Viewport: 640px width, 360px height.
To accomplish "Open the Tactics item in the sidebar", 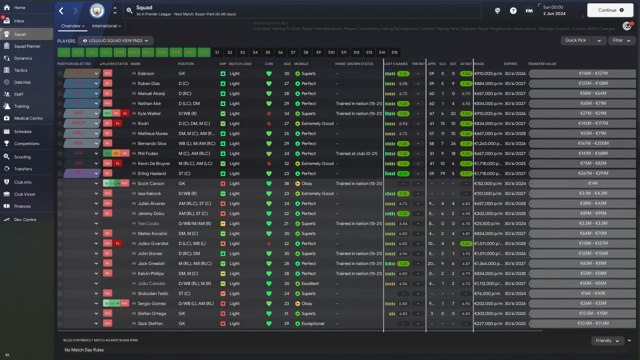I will pyautogui.click(x=20, y=70).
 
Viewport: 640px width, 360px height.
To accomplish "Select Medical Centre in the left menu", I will pyautogui.click(x=28, y=118).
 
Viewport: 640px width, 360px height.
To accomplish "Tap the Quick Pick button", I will pyautogui.click(x=575, y=40).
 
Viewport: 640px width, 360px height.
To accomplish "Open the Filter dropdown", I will pyautogui.click(x=621, y=40).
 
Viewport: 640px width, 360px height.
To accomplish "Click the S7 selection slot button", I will pyautogui.click(x=293, y=52).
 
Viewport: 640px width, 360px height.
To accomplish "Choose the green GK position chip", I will pyautogui.click(x=63, y=52).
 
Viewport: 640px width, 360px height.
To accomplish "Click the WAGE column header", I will pyautogui.click(x=479, y=64).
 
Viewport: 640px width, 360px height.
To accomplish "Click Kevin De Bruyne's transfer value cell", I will pyautogui.click(x=582, y=163).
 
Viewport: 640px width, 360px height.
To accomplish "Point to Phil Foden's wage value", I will pyautogui.click(x=488, y=153).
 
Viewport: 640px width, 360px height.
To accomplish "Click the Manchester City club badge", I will pyautogui.click(x=97, y=10).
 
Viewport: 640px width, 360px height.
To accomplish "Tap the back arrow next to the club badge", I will pyautogui.click(x=61, y=10).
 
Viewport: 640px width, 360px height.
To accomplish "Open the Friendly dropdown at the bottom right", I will pyautogui.click(x=607, y=340).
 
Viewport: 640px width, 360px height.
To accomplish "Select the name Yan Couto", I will pyautogui.click(x=148, y=223).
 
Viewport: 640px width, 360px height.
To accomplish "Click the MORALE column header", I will pyautogui.click(x=301, y=64).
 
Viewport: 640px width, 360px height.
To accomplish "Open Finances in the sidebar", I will pyautogui.click(x=22, y=206).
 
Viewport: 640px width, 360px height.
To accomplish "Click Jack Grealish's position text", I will pyautogui.click(x=194, y=263).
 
